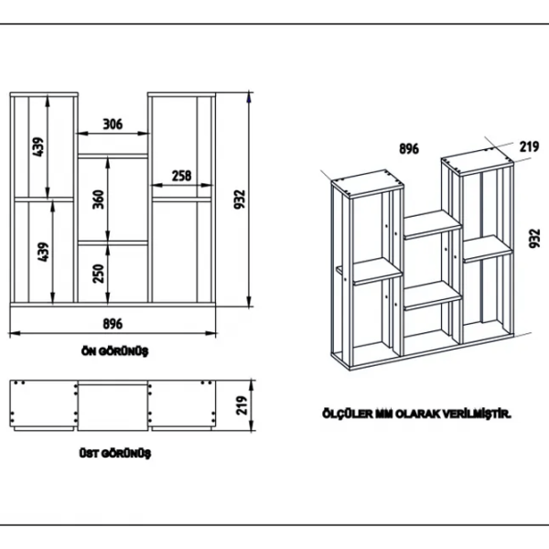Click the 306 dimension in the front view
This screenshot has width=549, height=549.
click(113, 124)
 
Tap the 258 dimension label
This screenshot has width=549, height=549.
click(182, 176)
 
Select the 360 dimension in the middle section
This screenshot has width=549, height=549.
click(99, 199)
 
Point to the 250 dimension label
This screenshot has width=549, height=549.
click(99, 273)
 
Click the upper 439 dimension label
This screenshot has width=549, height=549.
click(38, 146)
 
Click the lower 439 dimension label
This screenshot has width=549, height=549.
click(43, 252)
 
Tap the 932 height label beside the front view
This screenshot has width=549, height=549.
click(240, 199)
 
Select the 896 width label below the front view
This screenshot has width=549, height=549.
click(113, 324)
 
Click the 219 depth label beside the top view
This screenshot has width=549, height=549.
click(242, 405)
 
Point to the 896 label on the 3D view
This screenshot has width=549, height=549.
click(409, 149)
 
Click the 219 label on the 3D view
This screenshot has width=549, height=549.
click(529, 146)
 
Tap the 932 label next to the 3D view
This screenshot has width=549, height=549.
click(534, 238)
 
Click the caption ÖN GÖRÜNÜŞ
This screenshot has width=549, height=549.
click(115, 350)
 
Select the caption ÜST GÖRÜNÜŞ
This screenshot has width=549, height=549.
click(115, 454)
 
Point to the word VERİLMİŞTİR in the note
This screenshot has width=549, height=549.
click(478, 414)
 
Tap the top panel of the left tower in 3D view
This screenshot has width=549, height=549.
click(367, 183)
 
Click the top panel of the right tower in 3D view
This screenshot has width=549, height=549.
click(478, 161)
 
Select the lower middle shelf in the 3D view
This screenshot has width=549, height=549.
click(433, 296)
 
